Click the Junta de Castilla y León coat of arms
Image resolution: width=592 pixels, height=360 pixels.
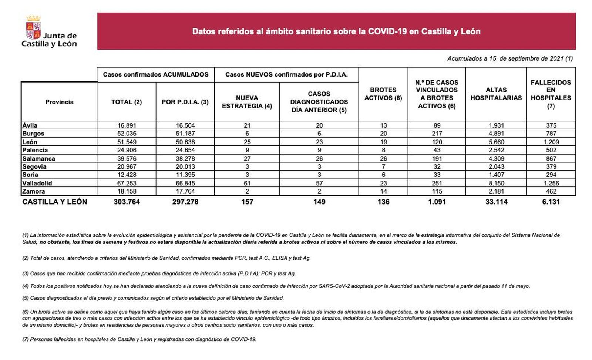(33, 28)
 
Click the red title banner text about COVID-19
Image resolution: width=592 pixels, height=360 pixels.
(336, 31)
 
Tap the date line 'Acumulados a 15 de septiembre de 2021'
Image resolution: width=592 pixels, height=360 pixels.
(509, 58)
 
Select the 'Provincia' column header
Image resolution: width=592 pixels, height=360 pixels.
(59, 102)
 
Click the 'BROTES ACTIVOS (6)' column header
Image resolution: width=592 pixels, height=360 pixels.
(383, 94)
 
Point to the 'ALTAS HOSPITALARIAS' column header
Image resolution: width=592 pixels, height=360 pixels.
(496, 94)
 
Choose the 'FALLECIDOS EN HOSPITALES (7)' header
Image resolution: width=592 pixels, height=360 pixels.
(551, 94)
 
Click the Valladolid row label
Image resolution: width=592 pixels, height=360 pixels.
(37, 183)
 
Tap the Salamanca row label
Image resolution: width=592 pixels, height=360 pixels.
(38, 158)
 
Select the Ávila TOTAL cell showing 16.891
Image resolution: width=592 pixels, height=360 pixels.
(127, 125)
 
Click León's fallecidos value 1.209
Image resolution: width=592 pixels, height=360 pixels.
(551, 142)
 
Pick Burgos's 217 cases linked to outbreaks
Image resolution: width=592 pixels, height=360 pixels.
(437, 134)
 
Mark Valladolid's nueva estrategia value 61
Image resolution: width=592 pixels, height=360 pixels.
(247, 183)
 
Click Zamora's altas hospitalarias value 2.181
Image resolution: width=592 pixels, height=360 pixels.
(496, 191)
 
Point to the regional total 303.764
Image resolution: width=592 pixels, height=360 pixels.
(127, 202)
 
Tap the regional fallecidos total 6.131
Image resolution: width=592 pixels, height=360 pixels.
(551, 202)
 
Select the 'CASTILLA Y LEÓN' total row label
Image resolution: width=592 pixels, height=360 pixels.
(55, 202)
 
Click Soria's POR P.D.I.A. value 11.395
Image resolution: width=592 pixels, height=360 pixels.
(185, 175)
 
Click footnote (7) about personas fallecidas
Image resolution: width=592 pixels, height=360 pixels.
(139, 339)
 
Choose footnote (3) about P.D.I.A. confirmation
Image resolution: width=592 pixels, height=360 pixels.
(159, 274)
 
